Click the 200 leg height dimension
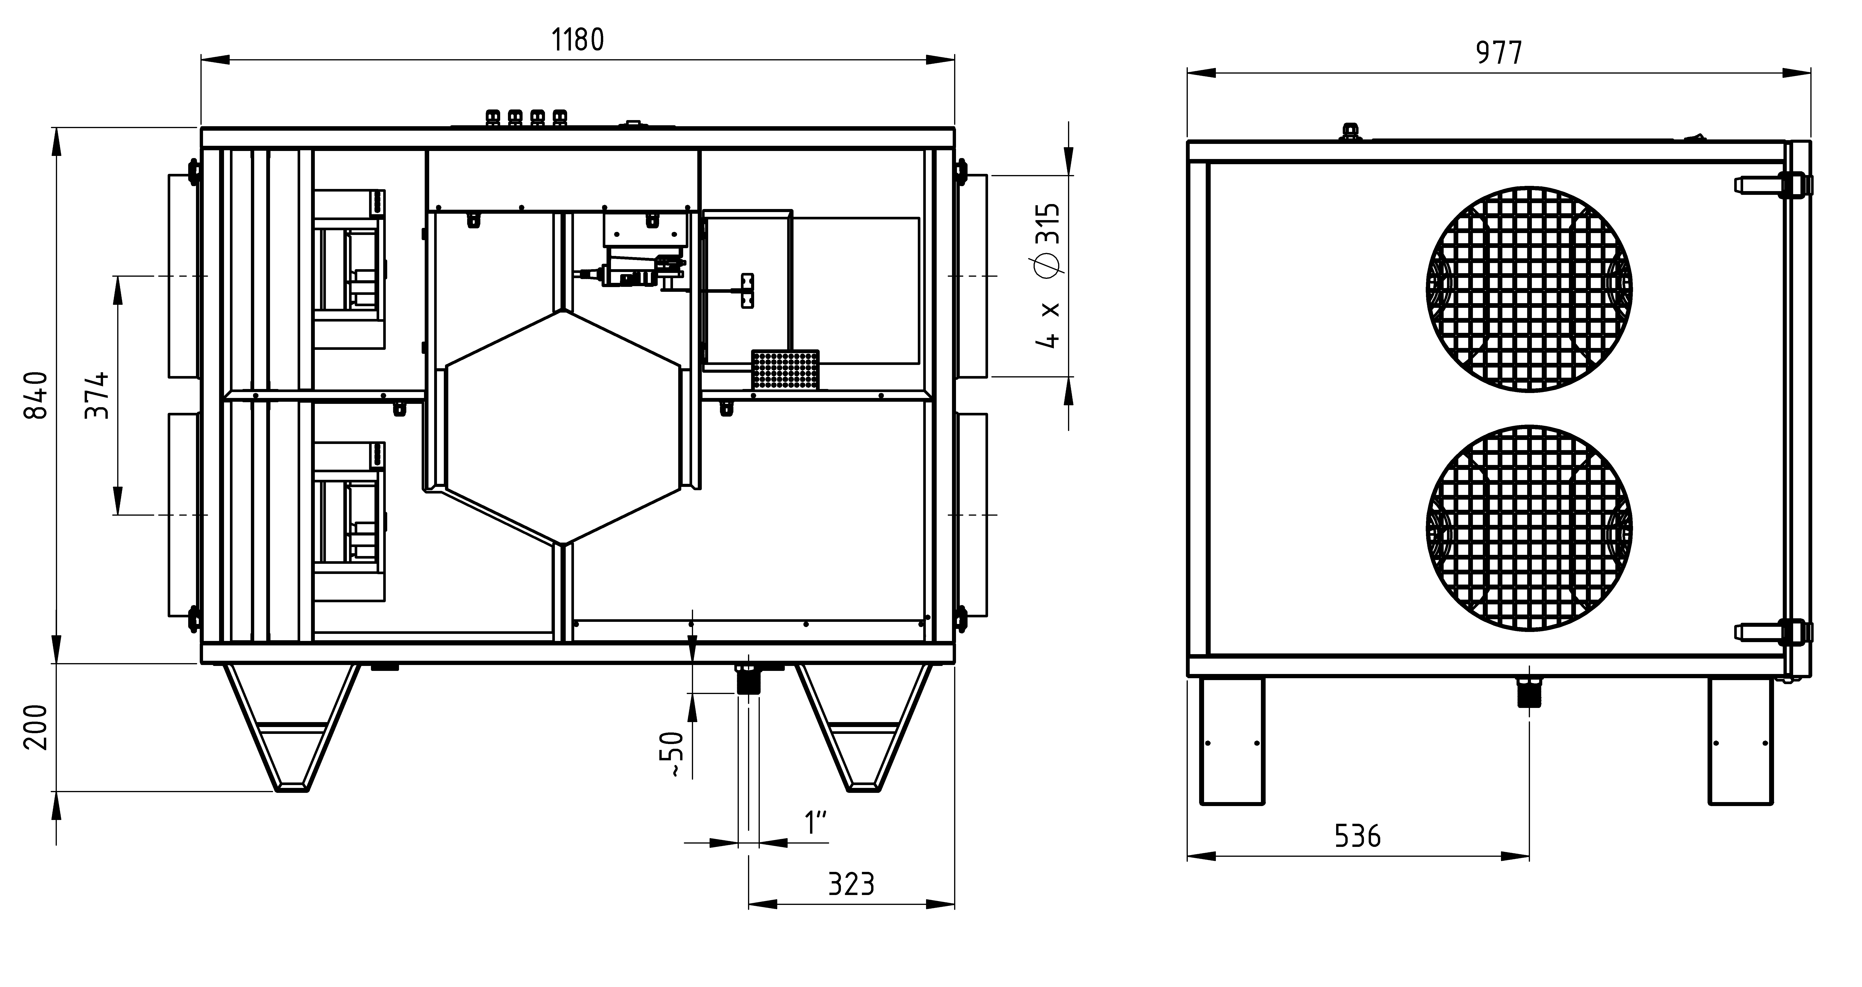point(36,728)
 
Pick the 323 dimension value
point(851,884)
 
